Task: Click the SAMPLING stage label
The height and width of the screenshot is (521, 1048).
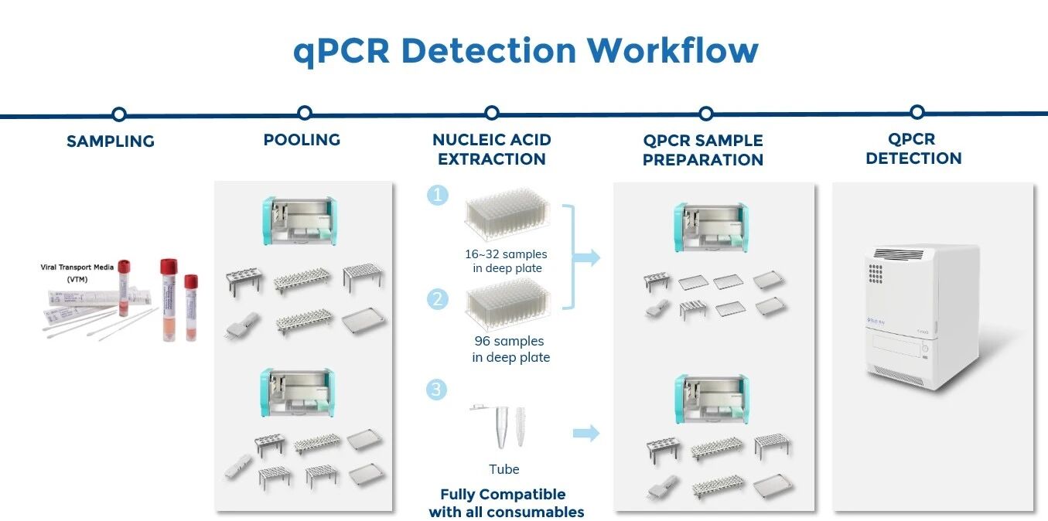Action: click(x=111, y=141)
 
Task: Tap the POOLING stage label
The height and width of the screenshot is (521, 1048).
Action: click(x=302, y=140)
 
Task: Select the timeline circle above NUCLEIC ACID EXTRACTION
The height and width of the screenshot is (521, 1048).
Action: click(x=491, y=113)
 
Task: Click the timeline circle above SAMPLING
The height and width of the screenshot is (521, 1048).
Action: click(x=118, y=114)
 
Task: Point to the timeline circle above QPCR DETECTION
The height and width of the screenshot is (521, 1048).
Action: click(x=917, y=112)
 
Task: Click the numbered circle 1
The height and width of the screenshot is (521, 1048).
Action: click(x=438, y=195)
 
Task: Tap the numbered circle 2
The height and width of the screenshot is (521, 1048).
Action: click(x=438, y=298)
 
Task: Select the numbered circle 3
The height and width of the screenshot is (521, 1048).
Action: click(x=438, y=389)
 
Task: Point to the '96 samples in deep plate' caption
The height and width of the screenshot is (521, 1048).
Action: click(x=510, y=349)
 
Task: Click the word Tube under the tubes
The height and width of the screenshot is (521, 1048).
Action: click(x=504, y=469)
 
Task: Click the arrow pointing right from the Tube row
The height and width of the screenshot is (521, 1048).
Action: click(x=586, y=433)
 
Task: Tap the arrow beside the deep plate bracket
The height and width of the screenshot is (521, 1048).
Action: click(x=589, y=257)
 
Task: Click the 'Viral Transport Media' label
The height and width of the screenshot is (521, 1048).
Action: click(x=77, y=267)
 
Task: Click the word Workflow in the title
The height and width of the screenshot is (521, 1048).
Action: click(x=672, y=51)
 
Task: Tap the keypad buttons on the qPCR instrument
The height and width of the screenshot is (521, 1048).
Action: click(x=878, y=274)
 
